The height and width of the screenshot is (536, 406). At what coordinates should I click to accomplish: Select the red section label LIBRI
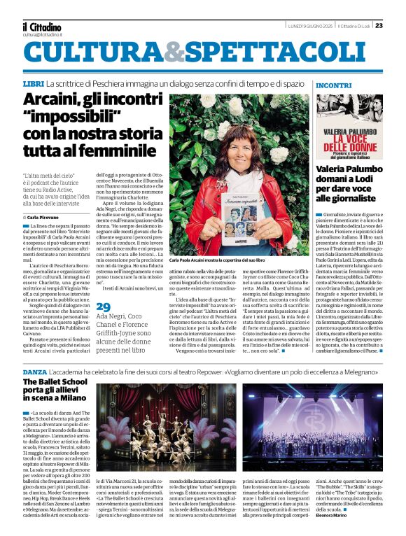[33, 84]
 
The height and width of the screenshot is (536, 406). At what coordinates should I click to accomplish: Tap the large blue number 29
[103, 306]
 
